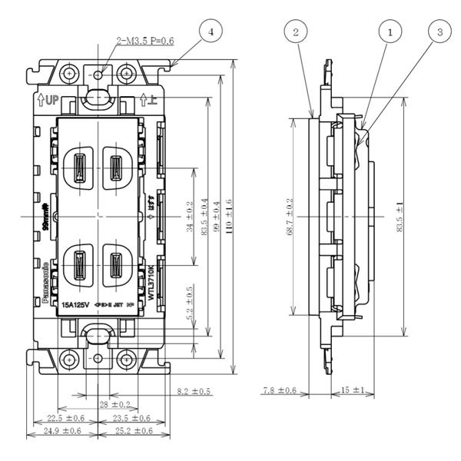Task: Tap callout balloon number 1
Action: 391,32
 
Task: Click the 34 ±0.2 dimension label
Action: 191,216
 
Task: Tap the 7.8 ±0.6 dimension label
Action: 278,391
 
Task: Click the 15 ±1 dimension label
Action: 353,391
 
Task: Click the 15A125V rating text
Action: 78,304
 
